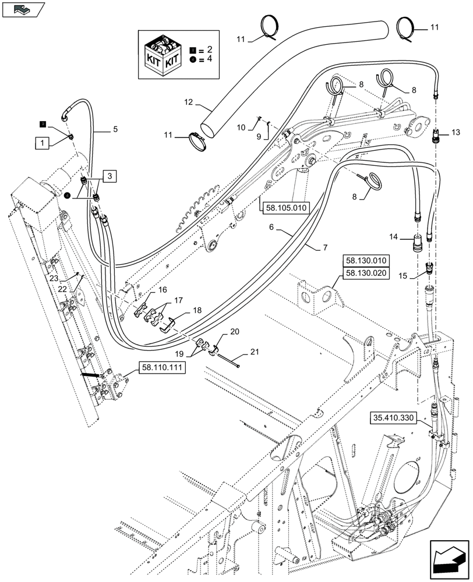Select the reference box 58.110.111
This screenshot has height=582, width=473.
163,367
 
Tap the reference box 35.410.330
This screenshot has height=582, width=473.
393,417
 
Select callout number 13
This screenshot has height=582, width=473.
455,133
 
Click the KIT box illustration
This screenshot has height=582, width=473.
163,54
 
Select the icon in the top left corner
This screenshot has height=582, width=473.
23,9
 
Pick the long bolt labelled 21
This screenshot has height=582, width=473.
228,361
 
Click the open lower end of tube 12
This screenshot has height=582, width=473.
208,127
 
